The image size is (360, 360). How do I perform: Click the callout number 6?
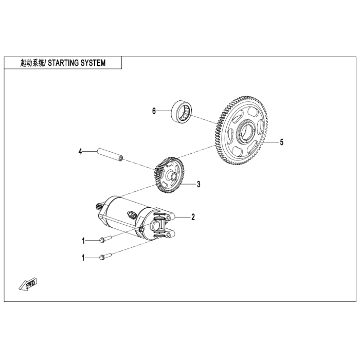click(153, 111)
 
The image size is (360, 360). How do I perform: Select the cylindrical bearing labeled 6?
click(182, 111)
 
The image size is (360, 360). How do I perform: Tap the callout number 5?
click(281, 142)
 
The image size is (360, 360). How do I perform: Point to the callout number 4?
click(80, 152)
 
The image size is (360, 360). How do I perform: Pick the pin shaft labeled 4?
click(110, 155)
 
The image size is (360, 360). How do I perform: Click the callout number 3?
click(199, 184)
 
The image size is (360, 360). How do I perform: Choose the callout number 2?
click(193, 217)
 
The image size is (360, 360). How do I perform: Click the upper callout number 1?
click(82, 240)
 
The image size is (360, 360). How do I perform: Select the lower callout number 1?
click(82, 257)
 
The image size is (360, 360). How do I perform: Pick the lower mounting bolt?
click(105, 257)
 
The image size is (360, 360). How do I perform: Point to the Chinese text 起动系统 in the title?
click(29, 63)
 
